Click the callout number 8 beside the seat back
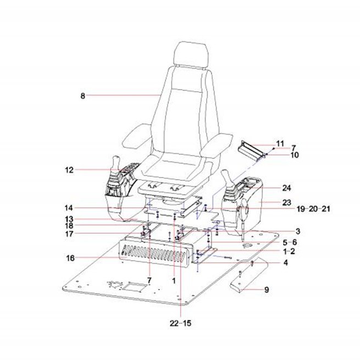tap(82, 96)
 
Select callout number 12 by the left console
tap(69, 170)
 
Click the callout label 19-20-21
tap(313, 209)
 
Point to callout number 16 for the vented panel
tap(70, 258)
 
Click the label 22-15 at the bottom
tap(180, 323)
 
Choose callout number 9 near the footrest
tap(267, 290)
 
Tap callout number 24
tap(286, 188)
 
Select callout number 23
tap(286, 203)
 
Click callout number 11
tap(280, 144)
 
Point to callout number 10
tap(295, 155)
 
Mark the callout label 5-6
tap(290, 242)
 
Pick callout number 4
tap(285, 262)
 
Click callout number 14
tap(69, 208)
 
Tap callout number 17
tap(69, 234)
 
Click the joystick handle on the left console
tap(115, 163)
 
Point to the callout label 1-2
tap(289, 251)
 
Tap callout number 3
tap(298, 231)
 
